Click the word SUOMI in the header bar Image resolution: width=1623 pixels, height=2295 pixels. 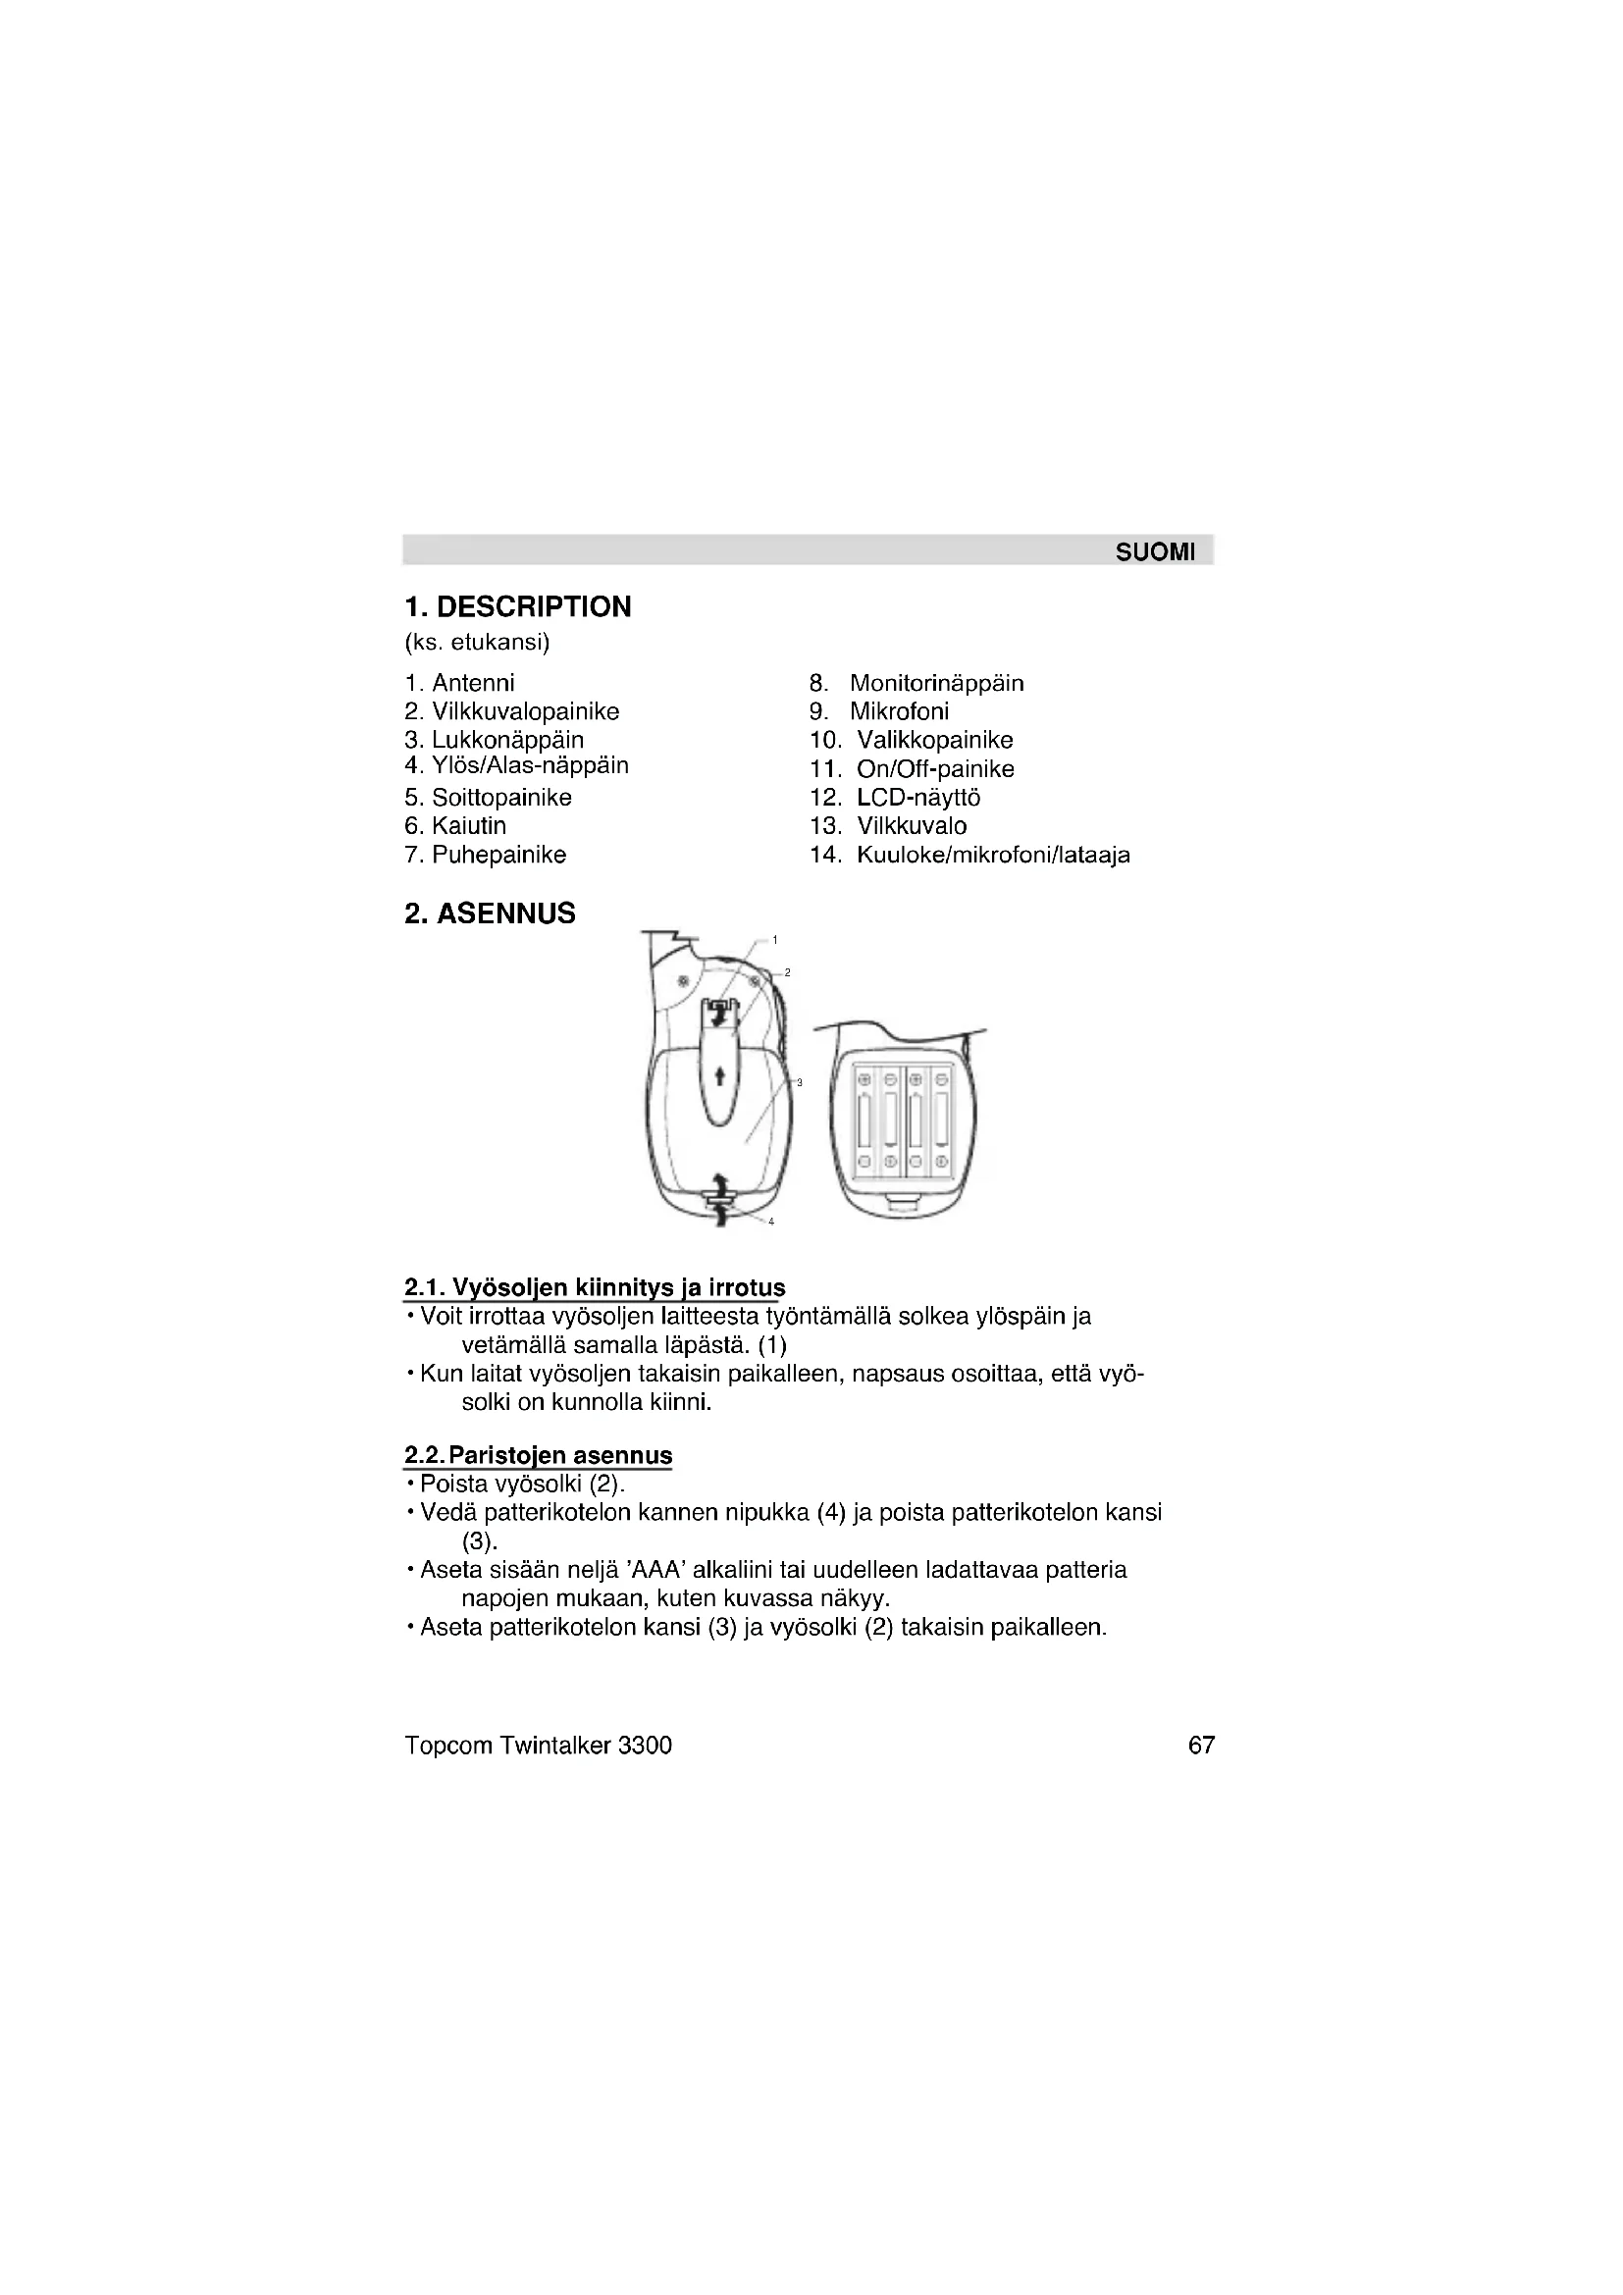(1154, 552)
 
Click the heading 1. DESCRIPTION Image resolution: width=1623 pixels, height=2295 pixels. (518, 606)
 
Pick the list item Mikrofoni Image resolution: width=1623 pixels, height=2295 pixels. (899, 711)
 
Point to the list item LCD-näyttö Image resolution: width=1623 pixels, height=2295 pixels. (917, 798)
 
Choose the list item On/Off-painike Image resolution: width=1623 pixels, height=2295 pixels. (934, 768)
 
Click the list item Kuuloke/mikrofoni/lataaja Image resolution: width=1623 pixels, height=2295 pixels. (992, 855)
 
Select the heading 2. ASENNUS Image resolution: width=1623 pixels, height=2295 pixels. (490, 913)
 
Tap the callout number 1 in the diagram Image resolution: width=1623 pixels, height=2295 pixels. (775, 940)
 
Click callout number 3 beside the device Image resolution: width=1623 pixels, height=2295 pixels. (800, 1082)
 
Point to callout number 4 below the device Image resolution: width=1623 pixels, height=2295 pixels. (771, 1222)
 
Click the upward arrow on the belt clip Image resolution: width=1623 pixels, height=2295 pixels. (719, 1075)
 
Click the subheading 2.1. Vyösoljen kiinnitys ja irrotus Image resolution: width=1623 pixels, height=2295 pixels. (595, 1287)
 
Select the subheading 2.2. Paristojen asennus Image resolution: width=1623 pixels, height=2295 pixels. (538, 1455)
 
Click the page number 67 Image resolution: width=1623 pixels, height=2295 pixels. (1201, 1746)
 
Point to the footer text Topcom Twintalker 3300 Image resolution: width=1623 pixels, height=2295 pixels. (538, 1746)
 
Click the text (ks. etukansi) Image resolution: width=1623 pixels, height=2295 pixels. (477, 642)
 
